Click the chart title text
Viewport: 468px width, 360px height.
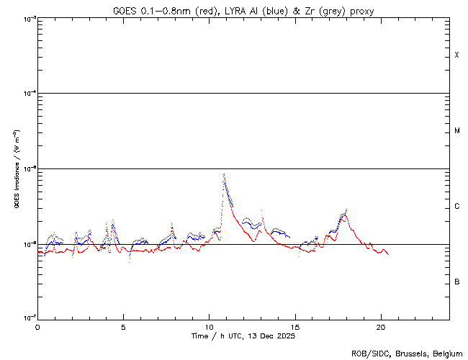[x=243, y=10]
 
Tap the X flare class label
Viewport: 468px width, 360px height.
[x=456, y=55]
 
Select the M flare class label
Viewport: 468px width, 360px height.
[x=456, y=131]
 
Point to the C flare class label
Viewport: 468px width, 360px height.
[x=456, y=207]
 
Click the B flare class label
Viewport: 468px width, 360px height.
[x=456, y=282]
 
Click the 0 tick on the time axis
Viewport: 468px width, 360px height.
[x=37, y=326]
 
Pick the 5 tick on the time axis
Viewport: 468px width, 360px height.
[x=123, y=326]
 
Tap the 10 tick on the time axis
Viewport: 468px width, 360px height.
[x=209, y=326]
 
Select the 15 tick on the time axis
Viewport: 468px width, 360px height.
[x=294, y=326]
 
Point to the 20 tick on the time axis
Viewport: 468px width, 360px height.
[x=380, y=326]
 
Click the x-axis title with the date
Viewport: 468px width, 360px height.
[x=243, y=336]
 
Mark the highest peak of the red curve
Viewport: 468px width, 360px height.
[x=225, y=174]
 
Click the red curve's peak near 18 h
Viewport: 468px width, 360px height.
[x=346, y=214]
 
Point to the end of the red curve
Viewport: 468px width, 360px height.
[x=388, y=254]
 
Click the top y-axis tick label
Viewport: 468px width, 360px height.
[x=27, y=19]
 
